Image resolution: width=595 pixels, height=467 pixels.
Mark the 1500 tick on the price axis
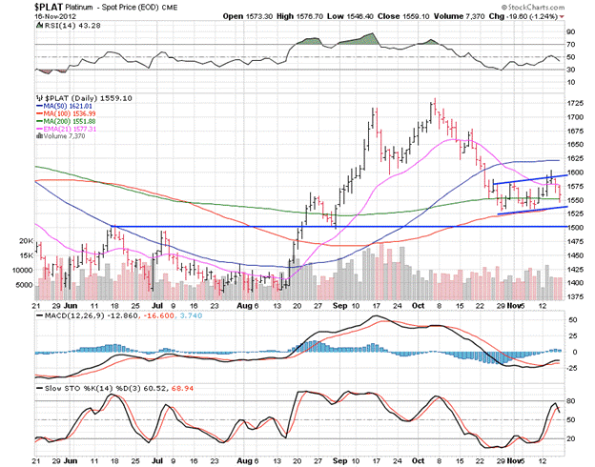coord(577,228)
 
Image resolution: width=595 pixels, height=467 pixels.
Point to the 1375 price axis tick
coord(577,297)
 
